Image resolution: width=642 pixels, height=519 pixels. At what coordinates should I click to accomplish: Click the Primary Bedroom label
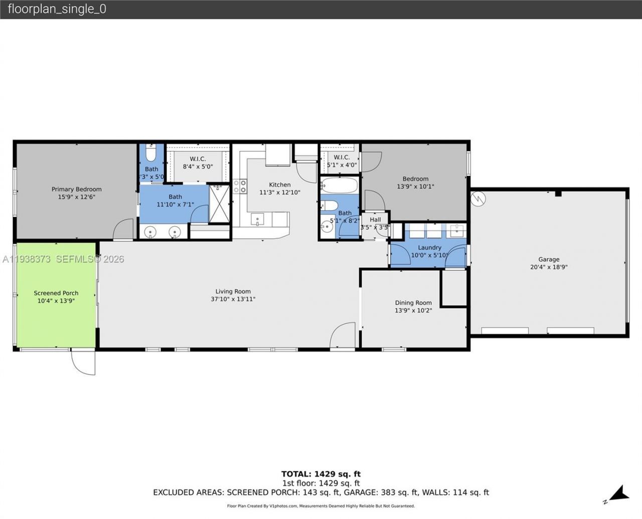pos(76,189)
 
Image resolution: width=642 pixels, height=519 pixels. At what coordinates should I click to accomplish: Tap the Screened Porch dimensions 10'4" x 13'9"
pos(56,301)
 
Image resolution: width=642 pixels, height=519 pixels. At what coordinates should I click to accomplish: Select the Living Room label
pos(233,291)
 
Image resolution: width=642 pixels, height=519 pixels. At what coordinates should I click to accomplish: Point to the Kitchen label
pos(279,185)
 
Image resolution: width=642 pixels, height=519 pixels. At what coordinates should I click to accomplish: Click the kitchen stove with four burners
pos(240,187)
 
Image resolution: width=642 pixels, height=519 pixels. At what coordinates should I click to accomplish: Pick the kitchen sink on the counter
pos(257,219)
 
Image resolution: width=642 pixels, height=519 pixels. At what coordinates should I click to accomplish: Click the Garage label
pos(548,259)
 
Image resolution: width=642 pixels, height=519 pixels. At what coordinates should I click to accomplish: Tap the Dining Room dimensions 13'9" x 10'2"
pos(413,310)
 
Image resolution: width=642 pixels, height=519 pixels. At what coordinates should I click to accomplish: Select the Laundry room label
pos(429,247)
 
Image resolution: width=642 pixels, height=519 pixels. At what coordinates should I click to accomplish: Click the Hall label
pos(375,220)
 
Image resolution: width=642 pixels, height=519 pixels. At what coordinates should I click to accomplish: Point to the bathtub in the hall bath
pos(339,186)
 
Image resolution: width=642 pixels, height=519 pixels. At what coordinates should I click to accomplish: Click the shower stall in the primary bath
pos(218,203)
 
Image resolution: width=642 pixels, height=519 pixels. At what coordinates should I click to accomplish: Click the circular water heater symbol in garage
pos(478,199)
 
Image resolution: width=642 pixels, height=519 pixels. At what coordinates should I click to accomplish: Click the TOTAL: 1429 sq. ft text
pos(320,474)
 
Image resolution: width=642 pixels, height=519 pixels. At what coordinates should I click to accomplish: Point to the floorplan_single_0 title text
pos(57,9)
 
